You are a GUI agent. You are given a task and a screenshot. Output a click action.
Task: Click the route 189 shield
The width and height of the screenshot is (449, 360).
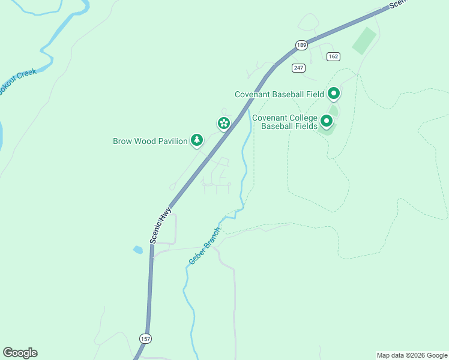pyautogui.click(x=301, y=45)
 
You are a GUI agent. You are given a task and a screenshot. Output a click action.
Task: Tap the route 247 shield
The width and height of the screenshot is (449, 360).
pyautogui.click(x=298, y=68)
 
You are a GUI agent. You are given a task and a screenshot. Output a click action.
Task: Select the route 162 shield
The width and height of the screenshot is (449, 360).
pyautogui.click(x=334, y=56)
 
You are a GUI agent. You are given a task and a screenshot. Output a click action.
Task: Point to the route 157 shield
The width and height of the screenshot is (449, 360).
pyautogui.click(x=145, y=338)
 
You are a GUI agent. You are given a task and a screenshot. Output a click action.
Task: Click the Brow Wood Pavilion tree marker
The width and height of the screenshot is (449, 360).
pyautogui.click(x=196, y=140)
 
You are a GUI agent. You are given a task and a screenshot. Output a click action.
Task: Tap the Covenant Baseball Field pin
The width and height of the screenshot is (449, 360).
pyautogui.click(x=334, y=94)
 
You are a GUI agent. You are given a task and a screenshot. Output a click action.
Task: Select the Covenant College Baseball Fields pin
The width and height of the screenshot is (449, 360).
pyautogui.click(x=327, y=121)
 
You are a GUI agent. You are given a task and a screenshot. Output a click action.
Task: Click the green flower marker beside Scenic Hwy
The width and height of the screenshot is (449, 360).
pyautogui.click(x=223, y=124)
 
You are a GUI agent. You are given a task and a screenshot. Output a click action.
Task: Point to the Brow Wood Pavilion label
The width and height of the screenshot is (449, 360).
pyautogui.click(x=150, y=142)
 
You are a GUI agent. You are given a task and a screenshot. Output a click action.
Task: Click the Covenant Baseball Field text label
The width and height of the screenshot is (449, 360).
pyautogui.click(x=279, y=94)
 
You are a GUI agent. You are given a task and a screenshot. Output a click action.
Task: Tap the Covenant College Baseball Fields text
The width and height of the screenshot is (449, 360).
pyautogui.click(x=285, y=122)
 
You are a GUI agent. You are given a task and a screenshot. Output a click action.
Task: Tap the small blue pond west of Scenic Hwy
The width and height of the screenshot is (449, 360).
pyautogui.click(x=138, y=249)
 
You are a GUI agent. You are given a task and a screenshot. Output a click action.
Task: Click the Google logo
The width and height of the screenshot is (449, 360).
pyautogui.click(x=20, y=353)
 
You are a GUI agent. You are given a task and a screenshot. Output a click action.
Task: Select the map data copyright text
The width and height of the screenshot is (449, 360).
pyautogui.click(x=412, y=355)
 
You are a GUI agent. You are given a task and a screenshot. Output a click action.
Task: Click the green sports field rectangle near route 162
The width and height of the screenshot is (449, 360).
pyautogui.click(x=364, y=40)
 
